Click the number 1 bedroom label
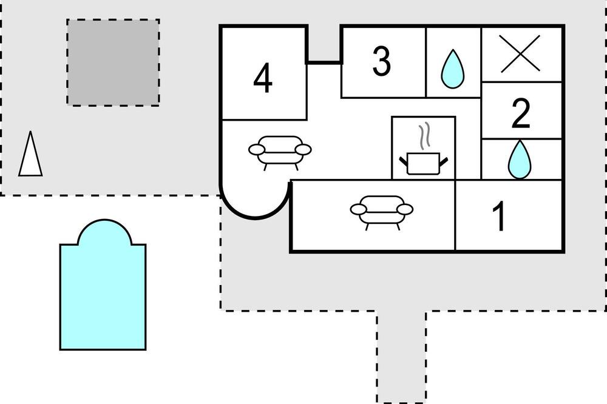500,216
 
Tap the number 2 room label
521,113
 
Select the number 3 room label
382,61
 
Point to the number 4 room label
263,79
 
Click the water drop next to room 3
453,69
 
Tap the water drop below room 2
520,160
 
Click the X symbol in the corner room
520,53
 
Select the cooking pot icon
424,163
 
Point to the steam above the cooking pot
425,135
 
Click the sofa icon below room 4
280,152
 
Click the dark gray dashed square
113,62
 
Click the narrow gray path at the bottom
401,357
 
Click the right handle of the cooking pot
444,161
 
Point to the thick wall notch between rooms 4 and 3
324,61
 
